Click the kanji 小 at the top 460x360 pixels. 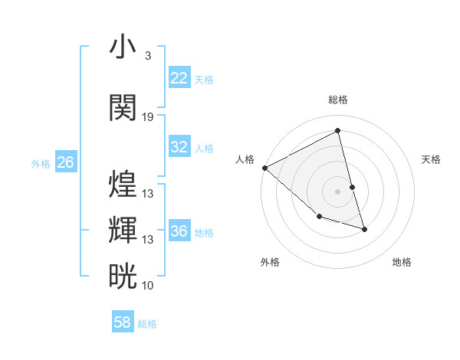123,47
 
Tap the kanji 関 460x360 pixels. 123,107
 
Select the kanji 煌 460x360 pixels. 123,184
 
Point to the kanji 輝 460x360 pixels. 123,230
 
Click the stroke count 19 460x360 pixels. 148,117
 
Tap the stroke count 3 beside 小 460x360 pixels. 147,56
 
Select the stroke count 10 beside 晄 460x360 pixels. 148,286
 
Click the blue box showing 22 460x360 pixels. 179,78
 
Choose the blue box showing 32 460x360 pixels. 179,147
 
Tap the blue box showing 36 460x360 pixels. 179,231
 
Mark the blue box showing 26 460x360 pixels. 65,162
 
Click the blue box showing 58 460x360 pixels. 123,322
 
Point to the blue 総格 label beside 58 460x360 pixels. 147,324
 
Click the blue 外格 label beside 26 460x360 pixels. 41,163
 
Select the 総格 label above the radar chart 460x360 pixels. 338,100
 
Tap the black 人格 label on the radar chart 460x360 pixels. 245,159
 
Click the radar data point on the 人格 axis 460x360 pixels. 264,168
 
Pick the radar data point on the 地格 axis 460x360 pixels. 364,229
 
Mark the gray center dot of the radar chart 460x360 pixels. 337,191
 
